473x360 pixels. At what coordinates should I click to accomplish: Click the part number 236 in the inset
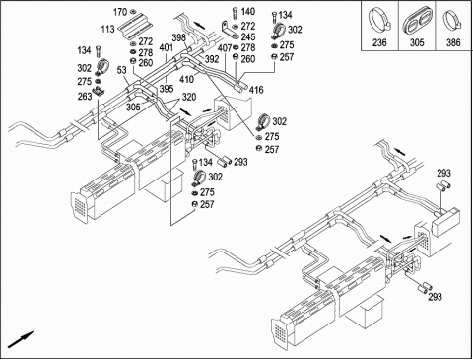379,42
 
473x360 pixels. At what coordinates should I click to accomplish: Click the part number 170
120,12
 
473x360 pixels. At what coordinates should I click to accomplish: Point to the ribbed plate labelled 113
135,27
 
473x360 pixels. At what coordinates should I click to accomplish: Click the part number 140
248,12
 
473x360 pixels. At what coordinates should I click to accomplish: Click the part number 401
167,47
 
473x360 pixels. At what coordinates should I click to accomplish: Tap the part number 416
256,90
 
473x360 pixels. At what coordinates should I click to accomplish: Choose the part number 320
189,97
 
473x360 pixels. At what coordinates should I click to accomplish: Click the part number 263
85,97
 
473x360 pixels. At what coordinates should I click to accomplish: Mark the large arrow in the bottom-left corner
21,339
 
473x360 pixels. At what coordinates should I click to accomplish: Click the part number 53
121,70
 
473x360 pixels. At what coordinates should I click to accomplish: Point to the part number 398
179,37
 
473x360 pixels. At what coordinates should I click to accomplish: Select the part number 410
186,79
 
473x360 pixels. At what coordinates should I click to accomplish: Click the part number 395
167,88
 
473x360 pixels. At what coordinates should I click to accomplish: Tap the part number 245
248,36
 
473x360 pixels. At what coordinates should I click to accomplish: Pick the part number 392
212,59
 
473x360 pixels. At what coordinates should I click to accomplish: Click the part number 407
225,48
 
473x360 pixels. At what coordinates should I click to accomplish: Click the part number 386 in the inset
453,42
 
